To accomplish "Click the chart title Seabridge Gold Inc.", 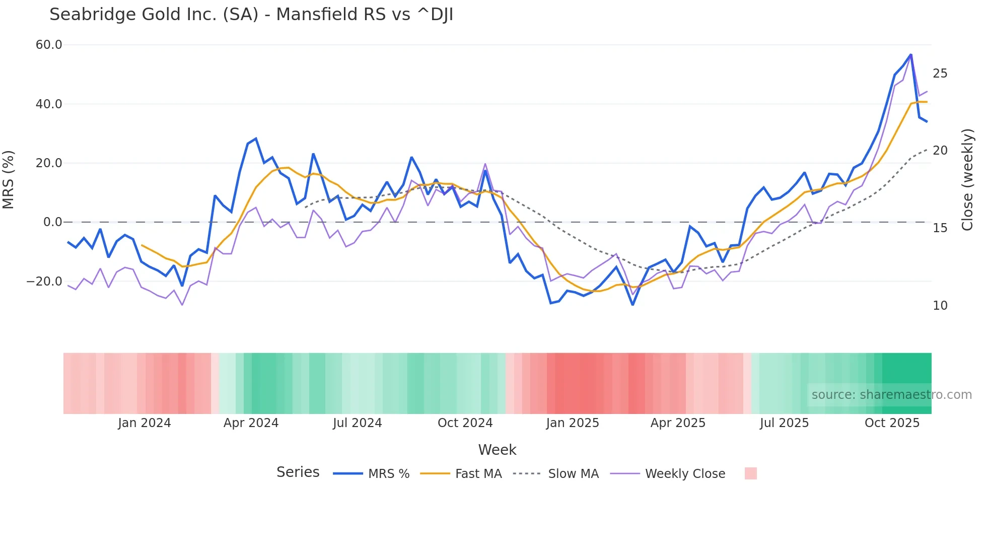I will coord(251,15).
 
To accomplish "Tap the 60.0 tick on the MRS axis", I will coord(49,45).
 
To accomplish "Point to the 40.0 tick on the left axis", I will coord(49,104).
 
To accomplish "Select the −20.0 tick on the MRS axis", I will coord(44,282).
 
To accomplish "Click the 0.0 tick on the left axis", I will coord(52,222).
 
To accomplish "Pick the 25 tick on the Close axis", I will coord(940,74).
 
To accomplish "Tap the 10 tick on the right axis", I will coord(940,306).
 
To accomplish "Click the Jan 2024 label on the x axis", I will coord(145,423).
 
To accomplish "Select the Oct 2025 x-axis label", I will coord(892,423).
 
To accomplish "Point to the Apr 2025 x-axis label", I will coord(678,423).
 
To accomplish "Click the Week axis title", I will coord(497,450).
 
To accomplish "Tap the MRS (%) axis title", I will coord(9,179).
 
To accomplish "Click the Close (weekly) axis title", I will coord(967,179).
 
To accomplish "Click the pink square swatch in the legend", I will coord(750,473).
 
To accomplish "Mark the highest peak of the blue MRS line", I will coord(910,54).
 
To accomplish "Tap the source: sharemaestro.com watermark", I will coord(891,395).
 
